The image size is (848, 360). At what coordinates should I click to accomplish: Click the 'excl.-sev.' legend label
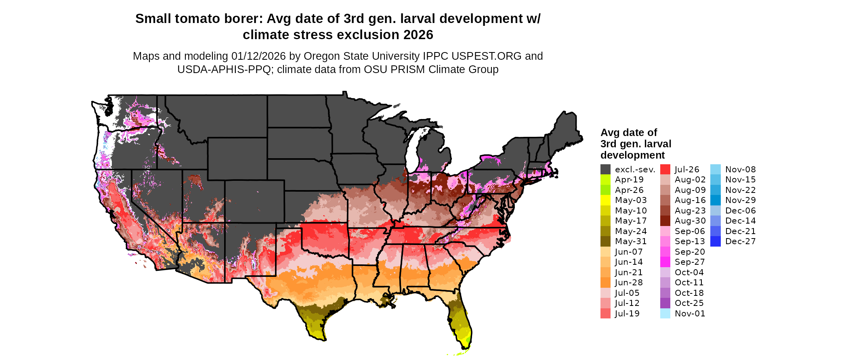pyautogui.click(x=635, y=170)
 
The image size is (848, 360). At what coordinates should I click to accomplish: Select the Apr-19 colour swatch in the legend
pyautogui.click(x=605, y=180)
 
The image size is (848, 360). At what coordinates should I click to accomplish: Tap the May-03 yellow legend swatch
pyautogui.click(x=605, y=200)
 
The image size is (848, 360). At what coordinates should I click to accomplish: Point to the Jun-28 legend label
pyautogui.click(x=629, y=283)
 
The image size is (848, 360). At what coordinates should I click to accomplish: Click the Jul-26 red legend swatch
pyautogui.click(x=665, y=170)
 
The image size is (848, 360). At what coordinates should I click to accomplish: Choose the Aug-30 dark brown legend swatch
pyautogui.click(x=665, y=221)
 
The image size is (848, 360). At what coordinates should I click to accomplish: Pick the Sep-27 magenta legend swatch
pyautogui.click(x=665, y=262)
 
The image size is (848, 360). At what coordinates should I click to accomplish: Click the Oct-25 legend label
pyautogui.click(x=689, y=303)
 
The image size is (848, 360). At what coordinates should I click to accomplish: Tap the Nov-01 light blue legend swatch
pyautogui.click(x=665, y=314)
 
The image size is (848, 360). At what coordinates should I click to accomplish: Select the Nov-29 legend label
pyautogui.click(x=740, y=200)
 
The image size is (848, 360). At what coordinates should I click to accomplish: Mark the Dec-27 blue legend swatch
pyautogui.click(x=715, y=241)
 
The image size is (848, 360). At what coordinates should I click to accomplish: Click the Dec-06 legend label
pyautogui.click(x=740, y=211)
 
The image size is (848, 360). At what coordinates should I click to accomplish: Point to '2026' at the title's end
pyautogui.click(x=418, y=35)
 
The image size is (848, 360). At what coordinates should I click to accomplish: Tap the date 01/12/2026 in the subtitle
pyautogui.click(x=258, y=56)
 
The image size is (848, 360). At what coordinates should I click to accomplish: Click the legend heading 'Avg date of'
pyautogui.click(x=628, y=133)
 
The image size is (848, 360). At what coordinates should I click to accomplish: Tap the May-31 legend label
pyautogui.click(x=631, y=241)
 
